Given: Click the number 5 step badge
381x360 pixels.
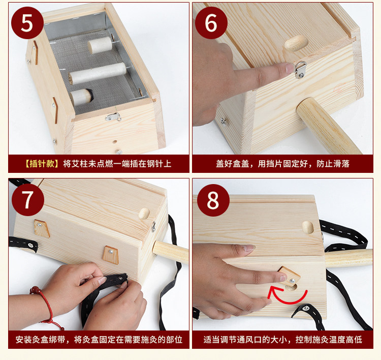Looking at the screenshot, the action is [27, 23].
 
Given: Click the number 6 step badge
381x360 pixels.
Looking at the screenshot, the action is [211, 23].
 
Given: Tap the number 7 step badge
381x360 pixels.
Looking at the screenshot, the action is [28, 200].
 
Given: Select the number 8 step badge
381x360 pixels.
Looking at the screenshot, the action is [213, 200].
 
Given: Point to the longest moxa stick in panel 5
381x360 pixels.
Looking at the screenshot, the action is [97, 73].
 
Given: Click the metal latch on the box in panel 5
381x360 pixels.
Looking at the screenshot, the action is [113, 117].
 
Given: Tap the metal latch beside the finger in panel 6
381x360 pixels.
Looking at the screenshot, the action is [300, 70].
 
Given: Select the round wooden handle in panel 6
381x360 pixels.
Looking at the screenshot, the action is [329, 126].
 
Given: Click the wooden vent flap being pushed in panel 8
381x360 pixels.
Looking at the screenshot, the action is [289, 276].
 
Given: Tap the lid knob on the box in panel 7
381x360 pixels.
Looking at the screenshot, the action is [144, 214].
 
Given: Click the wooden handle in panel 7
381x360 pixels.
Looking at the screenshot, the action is [171, 252].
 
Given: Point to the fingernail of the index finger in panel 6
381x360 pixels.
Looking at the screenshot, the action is [290, 68].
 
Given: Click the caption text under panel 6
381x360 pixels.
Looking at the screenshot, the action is [282, 164].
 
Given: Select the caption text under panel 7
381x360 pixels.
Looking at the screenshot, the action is [99, 340].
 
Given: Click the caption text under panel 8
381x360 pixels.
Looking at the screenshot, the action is [282, 340].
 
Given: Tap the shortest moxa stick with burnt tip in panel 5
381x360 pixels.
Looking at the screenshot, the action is [81, 97].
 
